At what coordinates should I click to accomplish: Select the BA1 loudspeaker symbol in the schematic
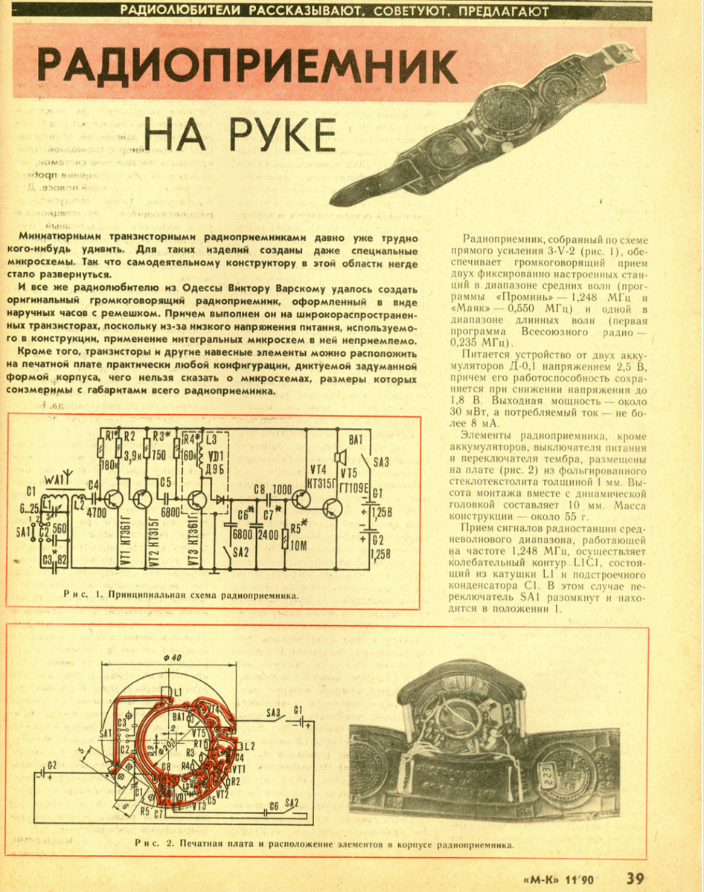[x=341, y=455]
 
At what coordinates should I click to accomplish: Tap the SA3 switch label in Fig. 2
[x=272, y=714]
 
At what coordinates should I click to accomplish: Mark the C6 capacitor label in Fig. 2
[x=273, y=806]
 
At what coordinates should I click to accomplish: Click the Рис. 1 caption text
[x=181, y=595]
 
